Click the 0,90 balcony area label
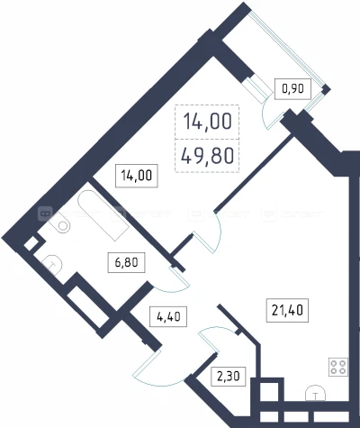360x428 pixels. (x=293, y=88)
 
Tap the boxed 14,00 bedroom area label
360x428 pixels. (x=137, y=175)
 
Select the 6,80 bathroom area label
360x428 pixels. (x=126, y=262)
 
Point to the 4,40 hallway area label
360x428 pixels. (x=168, y=316)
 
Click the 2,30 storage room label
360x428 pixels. (x=229, y=376)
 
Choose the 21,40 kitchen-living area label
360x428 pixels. (x=287, y=310)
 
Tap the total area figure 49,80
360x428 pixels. (x=208, y=156)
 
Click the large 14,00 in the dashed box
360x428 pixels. (x=208, y=122)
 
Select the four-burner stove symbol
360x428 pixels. (x=338, y=367)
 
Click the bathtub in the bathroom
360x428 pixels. (x=103, y=215)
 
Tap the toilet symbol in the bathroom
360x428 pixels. (x=53, y=265)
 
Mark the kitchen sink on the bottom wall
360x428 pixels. (x=315, y=393)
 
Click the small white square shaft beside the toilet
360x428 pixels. (x=30, y=244)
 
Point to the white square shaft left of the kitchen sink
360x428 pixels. (x=268, y=391)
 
